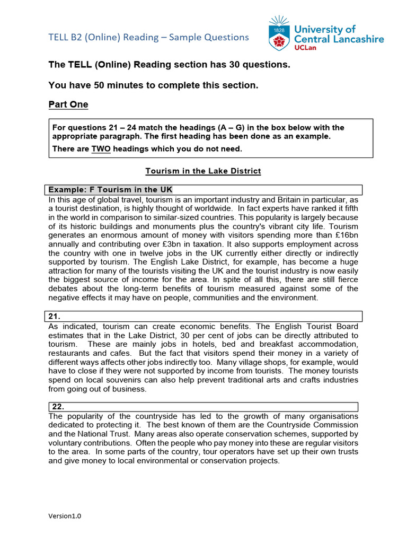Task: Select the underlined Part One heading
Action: (x=68, y=104)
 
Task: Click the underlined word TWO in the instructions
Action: (x=101, y=149)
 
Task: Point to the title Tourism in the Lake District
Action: (x=203, y=171)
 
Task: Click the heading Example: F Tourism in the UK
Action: (x=110, y=190)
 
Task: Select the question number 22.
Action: (x=58, y=407)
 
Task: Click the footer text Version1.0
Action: (x=65, y=516)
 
